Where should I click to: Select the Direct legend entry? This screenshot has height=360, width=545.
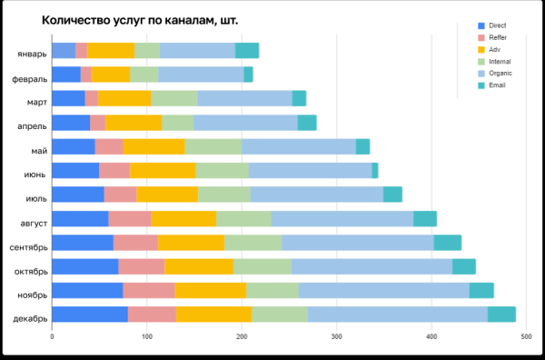(496, 25)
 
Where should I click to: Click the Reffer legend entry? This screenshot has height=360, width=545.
(496, 37)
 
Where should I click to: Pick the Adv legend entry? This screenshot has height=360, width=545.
(493, 49)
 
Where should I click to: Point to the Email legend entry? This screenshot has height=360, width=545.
(495, 85)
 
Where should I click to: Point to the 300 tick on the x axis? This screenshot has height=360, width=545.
(337, 337)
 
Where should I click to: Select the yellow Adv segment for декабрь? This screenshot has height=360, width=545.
(213, 315)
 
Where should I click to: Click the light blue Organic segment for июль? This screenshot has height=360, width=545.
(317, 194)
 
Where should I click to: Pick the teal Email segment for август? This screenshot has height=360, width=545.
(425, 218)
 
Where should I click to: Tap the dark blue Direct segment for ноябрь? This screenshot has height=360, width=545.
(87, 290)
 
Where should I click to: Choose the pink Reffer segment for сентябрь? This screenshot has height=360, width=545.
(135, 242)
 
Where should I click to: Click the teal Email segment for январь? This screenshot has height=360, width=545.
(247, 51)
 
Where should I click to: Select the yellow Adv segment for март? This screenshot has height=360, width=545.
(124, 98)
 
